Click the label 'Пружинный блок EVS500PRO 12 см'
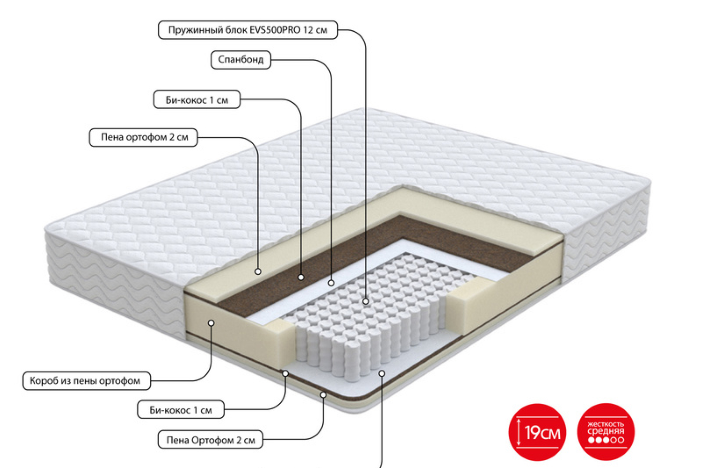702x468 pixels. point(248,30)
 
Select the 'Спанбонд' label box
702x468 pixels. point(241,59)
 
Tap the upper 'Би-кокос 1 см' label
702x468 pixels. point(197,100)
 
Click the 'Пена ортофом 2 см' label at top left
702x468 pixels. point(144,137)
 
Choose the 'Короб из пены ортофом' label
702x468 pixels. point(87,381)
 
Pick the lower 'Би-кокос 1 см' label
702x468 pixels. point(181,409)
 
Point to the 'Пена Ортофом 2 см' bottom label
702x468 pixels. point(210,439)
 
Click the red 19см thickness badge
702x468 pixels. point(537,432)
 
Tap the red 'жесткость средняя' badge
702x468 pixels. point(606,432)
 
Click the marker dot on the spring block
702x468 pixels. point(366,301)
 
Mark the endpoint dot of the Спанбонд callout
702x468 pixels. point(331,283)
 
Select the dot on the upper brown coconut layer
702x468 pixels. point(301,277)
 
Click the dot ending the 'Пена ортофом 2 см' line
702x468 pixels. point(258,271)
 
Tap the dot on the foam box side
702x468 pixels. point(211,323)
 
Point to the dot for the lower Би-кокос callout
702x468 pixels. point(285,373)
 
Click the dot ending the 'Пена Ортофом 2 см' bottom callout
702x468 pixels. point(323,395)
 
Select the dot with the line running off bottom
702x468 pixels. point(382,373)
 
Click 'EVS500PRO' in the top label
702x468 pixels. point(275,30)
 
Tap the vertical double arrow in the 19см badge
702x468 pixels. point(519,432)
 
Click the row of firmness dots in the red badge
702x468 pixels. point(606,440)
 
